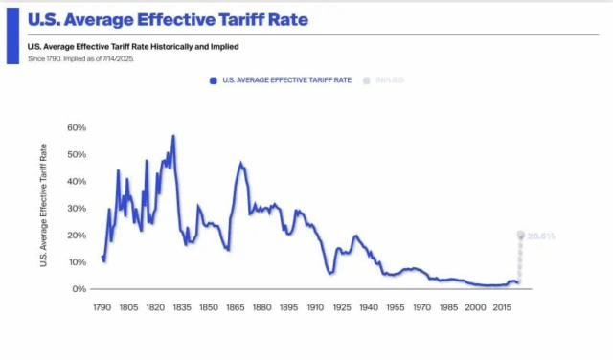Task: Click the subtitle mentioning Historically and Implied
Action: (x=133, y=46)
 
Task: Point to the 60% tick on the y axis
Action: (x=77, y=127)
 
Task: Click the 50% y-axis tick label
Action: (x=77, y=154)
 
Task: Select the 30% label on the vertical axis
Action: (x=77, y=208)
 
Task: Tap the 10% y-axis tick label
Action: (x=77, y=261)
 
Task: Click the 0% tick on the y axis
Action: (x=79, y=288)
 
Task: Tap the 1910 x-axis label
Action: (x=315, y=308)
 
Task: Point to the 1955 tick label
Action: (x=395, y=308)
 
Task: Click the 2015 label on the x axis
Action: (x=501, y=308)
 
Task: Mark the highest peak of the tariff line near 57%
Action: (x=173, y=136)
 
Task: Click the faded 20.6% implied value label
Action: (x=541, y=236)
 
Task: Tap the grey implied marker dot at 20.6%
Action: (x=521, y=234)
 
